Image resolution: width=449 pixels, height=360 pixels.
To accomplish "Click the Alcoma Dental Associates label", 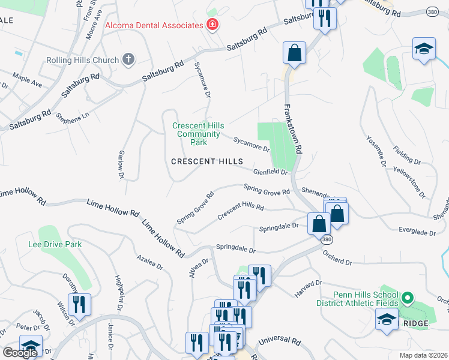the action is [154, 25].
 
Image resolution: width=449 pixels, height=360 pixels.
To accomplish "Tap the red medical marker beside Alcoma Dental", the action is [212, 25].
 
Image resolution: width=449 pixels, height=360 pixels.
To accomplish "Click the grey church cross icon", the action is [127, 59].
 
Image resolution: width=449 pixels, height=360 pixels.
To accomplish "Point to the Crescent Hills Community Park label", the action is [198, 134].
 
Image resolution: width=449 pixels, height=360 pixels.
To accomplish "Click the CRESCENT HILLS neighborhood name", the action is [207, 161].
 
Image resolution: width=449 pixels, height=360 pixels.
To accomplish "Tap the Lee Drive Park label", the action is [55, 244].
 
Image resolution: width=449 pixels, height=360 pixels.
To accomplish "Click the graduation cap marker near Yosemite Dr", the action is [424, 49].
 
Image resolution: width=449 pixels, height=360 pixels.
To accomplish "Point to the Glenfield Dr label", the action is [271, 172].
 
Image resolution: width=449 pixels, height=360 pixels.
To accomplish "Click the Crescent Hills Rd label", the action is [241, 211].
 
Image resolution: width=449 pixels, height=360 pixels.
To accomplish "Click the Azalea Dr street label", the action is [150, 262].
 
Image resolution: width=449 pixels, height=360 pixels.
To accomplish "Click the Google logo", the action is [20, 353].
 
